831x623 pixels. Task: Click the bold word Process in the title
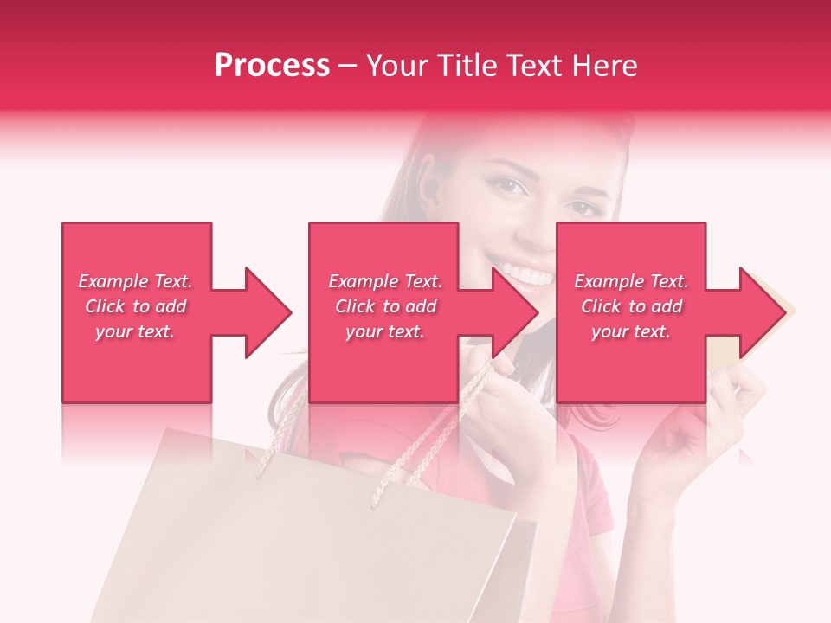click(272, 66)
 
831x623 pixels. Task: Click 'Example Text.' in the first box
click(136, 281)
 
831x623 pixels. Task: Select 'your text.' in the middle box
click(385, 331)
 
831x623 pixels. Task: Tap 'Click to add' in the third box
click(631, 306)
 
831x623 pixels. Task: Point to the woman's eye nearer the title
click(509, 185)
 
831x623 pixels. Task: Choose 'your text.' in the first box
click(136, 331)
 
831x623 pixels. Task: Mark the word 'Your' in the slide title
click(401, 66)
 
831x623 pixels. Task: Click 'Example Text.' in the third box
click(631, 281)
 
